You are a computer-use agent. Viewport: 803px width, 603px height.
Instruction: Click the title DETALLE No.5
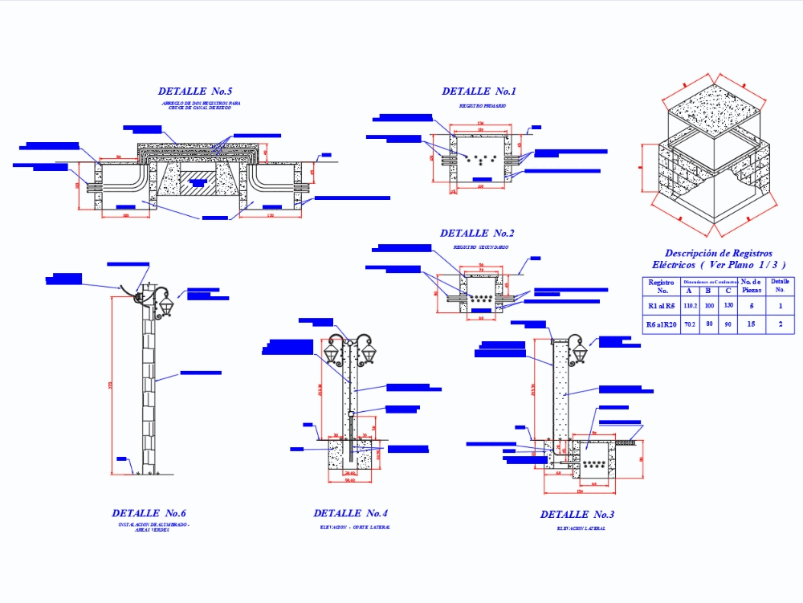[x=195, y=92]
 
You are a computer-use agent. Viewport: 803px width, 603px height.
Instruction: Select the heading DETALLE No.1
[x=479, y=92]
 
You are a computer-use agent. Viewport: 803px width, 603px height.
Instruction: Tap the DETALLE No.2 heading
[x=477, y=234]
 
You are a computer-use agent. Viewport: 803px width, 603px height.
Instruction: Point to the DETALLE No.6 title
[x=149, y=513]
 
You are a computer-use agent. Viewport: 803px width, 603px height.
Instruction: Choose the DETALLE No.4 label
[x=350, y=513]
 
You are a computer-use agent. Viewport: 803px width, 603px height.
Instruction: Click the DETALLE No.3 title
[x=577, y=515]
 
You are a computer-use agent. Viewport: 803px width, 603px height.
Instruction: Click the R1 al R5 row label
[x=661, y=306]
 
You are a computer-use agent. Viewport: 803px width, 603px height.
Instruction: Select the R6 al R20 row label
[x=661, y=324]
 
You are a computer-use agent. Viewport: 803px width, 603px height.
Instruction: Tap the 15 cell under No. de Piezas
[x=752, y=324]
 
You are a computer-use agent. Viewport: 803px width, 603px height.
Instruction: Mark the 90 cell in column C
[x=728, y=324]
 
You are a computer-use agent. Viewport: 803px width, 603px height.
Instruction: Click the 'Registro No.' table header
[x=661, y=286]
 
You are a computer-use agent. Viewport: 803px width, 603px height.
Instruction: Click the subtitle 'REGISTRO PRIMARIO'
[x=482, y=106]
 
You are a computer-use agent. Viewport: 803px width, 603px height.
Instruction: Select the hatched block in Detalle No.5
[x=197, y=183]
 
